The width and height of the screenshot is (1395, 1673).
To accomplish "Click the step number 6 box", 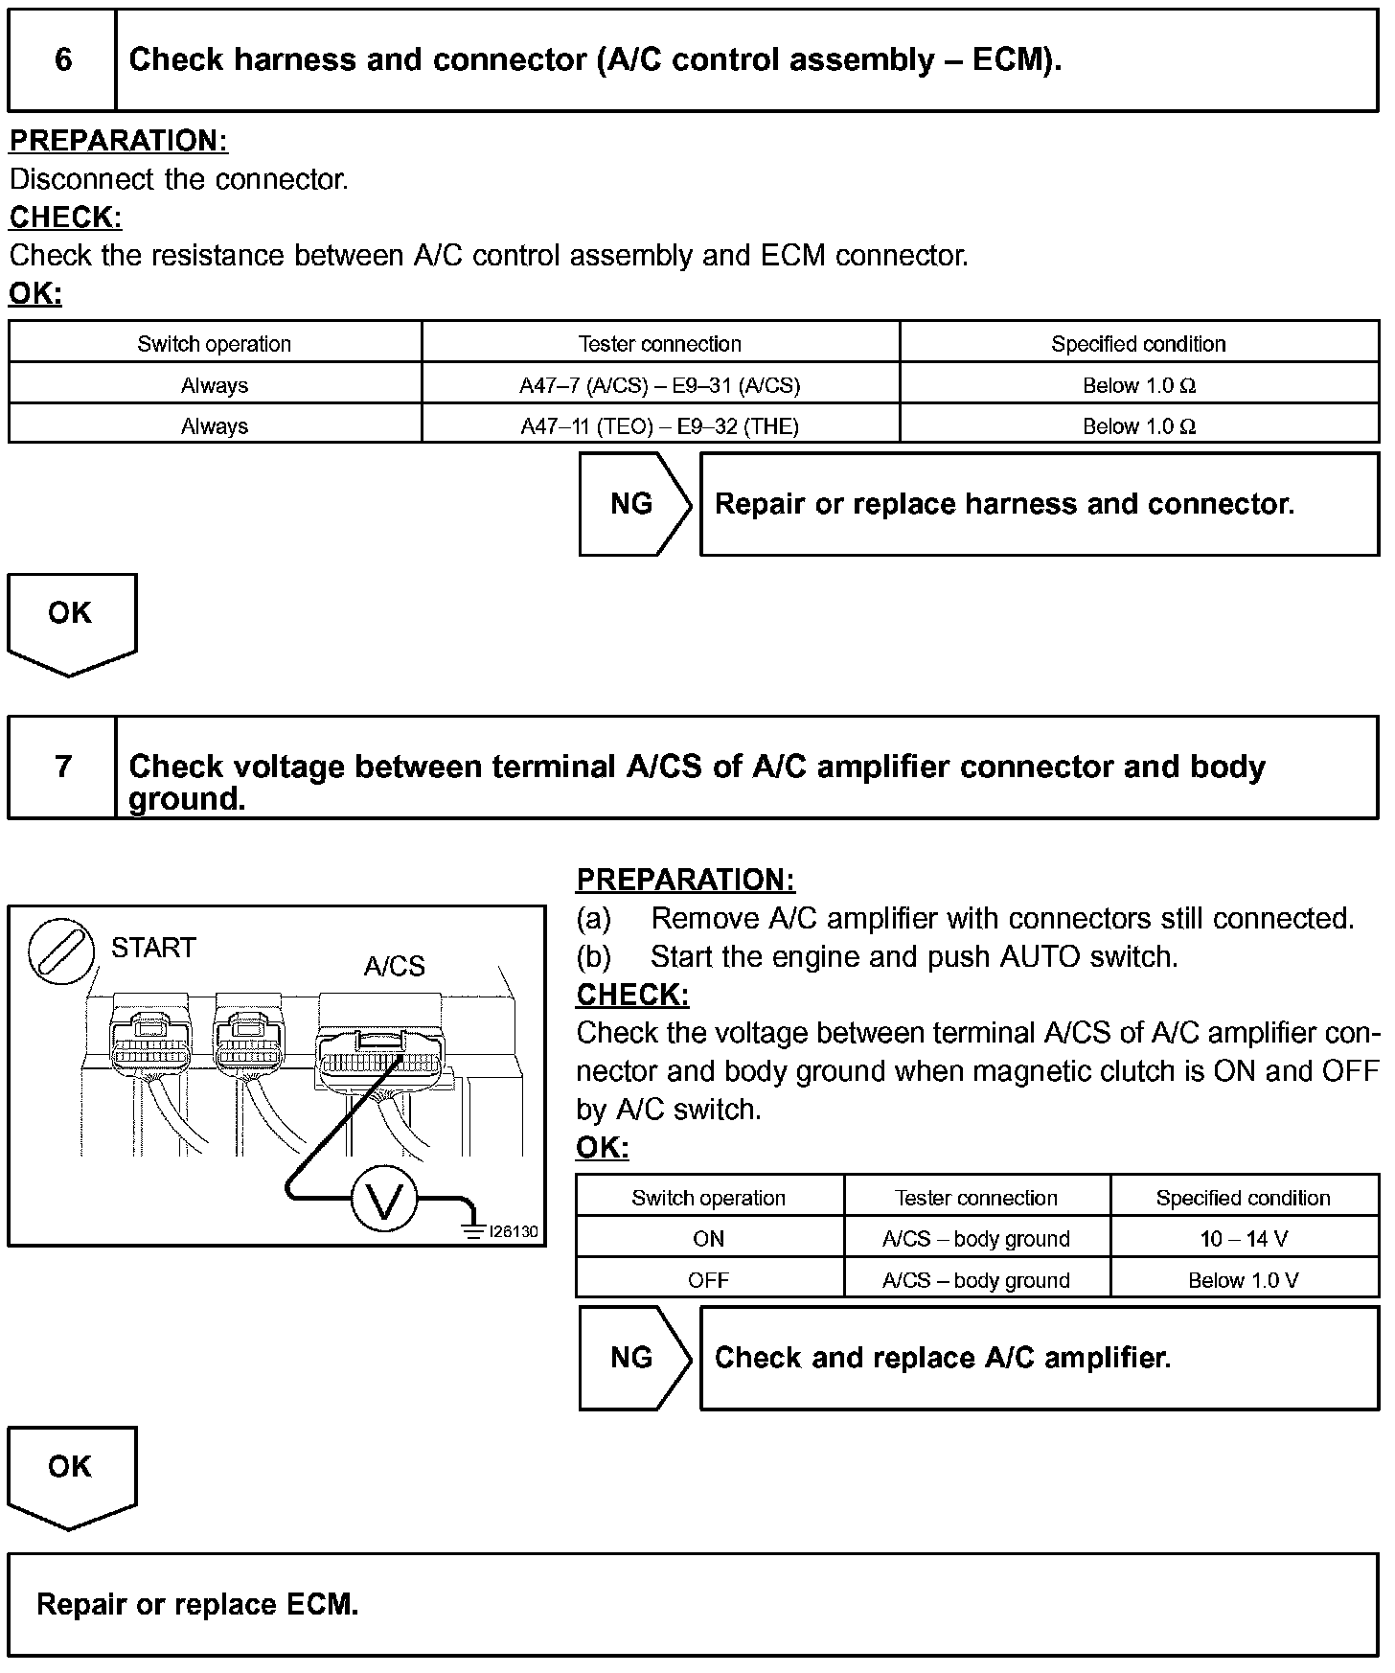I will [x=62, y=59].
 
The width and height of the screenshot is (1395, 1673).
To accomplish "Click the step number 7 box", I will [x=62, y=767].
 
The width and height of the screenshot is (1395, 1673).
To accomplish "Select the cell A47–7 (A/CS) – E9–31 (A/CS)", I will [x=660, y=385].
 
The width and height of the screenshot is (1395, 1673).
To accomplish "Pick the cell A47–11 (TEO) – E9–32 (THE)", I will [x=660, y=426].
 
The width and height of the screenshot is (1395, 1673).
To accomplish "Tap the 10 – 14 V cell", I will [x=1244, y=1239].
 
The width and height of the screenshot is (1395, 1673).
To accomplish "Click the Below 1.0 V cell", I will [x=1244, y=1280].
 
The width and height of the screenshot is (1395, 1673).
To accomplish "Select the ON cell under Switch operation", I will [x=709, y=1239].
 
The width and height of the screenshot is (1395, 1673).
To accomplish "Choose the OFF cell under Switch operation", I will [x=709, y=1280].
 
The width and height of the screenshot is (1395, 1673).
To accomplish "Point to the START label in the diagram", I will [x=153, y=948].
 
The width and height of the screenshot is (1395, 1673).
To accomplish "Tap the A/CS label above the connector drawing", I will [x=394, y=966].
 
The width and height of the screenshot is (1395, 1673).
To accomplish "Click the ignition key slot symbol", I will [x=61, y=952].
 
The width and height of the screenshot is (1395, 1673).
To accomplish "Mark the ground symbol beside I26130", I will [x=472, y=1231].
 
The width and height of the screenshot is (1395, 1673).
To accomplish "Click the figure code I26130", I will [x=514, y=1231].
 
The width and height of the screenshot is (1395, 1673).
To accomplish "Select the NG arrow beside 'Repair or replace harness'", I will [x=633, y=504].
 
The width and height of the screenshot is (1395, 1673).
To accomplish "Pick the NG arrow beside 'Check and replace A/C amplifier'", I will [x=633, y=1358].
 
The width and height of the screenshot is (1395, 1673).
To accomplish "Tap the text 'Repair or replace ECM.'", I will [x=197, y=1605].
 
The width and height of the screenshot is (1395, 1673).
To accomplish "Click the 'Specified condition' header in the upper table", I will [x=1138, y=344].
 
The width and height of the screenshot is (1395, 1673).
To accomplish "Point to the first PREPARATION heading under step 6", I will [x=119, y=141].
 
